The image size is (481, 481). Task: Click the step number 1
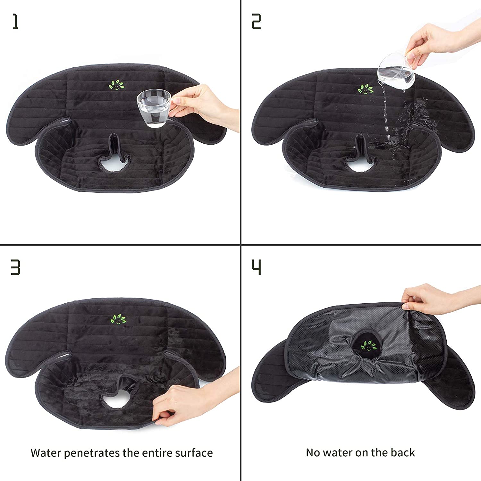click(15, 22)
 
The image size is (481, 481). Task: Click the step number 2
click(256, 22)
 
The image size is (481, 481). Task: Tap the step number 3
click(15, 267)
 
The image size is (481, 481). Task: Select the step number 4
click(256, 267)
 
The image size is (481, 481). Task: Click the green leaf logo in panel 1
click(116, 85)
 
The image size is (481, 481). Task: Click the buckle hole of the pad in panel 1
click(115, 164)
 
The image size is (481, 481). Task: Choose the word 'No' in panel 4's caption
click(313, 452)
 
